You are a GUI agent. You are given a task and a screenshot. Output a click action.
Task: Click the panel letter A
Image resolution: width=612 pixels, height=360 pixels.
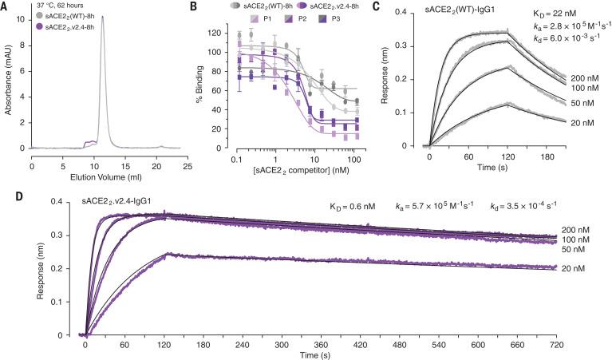point(6,6)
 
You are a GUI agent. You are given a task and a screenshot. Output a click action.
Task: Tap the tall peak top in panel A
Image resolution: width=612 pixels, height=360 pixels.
point(101,18)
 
